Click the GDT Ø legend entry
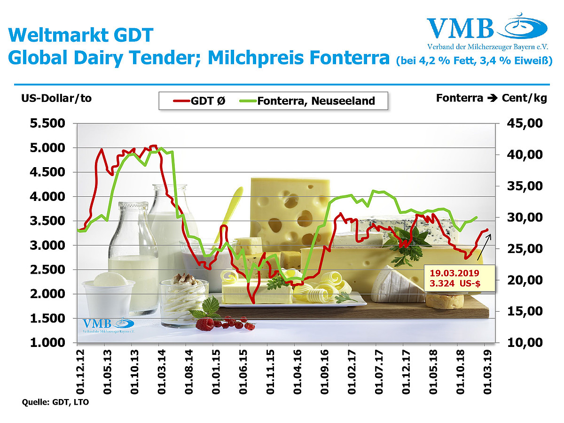(199, 101)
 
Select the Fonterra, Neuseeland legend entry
(307, 101)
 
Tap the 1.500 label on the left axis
(47, 318)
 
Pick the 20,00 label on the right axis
(525, 280)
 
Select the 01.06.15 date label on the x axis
(243, 371)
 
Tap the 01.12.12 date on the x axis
(80, 371)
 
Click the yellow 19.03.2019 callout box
(459, 278)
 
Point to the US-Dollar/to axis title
(56, 98)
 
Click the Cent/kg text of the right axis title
(524, 98)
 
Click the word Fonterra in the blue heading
(350, 57)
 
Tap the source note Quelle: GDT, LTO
(55, 402)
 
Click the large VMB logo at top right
(487, 31)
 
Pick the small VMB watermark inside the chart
(109, 325)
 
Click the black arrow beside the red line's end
(485, 247)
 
